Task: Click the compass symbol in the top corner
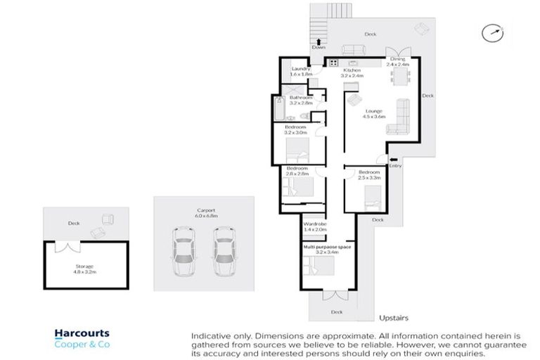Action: coord(494,32)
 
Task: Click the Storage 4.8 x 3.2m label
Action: coord(84,269)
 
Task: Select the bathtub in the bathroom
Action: coord(276,111)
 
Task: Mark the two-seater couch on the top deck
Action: coord(352,49)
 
